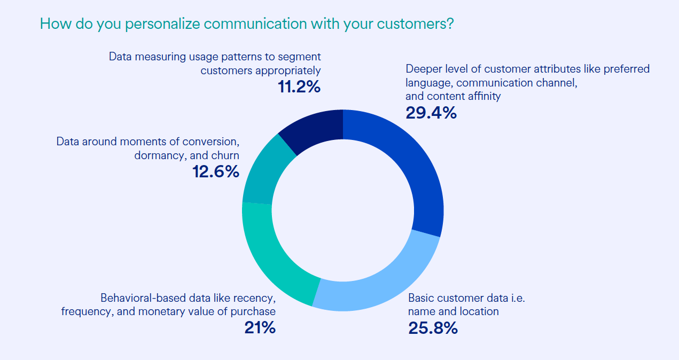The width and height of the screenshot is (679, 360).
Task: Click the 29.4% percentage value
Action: pyautogui.click(x=431, y=112)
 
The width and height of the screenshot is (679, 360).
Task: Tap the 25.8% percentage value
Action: pyautogui.click(x=433, y=327)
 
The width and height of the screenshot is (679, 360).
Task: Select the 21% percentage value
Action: pyautogui.click(x=260, y=327)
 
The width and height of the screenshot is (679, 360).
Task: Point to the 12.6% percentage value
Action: pyautogui.click(x=215, y=171)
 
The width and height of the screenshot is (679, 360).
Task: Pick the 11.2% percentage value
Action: pyautogui.click(x=299, y=87)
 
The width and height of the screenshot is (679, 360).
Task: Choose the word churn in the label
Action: pyautogui.click(x=225, y=155)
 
